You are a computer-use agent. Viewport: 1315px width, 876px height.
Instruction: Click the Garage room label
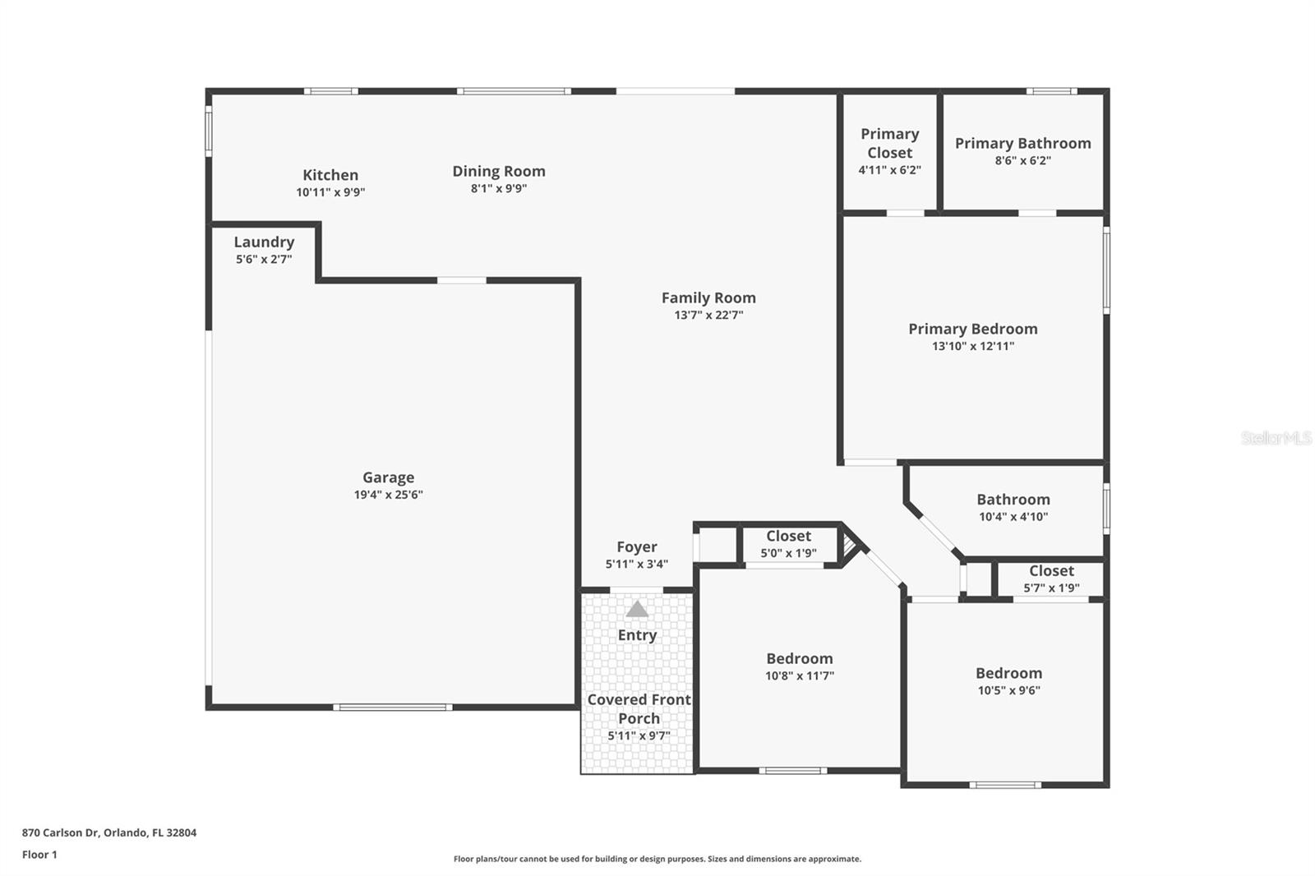click(x=388, y=477)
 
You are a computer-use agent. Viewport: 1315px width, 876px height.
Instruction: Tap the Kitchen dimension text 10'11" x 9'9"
click(x=330, y=192)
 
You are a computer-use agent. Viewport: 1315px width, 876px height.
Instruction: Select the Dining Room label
click(x=498, y=171)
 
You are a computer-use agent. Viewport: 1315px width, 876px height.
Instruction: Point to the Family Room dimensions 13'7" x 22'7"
click(x=708, y=315)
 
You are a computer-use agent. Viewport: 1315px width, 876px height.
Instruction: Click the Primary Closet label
click(x=889, y=143)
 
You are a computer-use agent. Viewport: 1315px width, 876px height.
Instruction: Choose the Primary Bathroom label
click(x=1022, y=143)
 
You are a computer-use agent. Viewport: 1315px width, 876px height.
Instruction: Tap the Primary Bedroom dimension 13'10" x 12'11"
click(x=972, y=346)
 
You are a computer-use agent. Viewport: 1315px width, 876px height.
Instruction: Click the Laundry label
click(x=264, y=242)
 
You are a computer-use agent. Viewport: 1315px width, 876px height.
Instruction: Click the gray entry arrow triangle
click(x=637, y=609)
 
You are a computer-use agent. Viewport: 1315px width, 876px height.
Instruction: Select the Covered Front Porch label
click(x=639, y=708)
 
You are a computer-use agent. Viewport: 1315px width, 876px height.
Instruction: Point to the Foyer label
click(x=637, y=546)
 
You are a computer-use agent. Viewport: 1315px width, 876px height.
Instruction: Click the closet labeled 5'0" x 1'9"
click(x=788, y=536)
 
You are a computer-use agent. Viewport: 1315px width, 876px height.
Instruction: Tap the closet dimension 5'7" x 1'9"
click(x=1051, y=588)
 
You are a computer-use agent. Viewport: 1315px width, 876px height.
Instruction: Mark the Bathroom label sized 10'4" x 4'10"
click(x=1013, y=500)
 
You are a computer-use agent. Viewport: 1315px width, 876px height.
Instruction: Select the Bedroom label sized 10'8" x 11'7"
click(x=799, y=658)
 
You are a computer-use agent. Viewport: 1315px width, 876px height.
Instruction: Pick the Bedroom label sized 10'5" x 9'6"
click(x=1008, y=673)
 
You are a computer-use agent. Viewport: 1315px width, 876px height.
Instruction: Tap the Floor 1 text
click(x=39, y=855)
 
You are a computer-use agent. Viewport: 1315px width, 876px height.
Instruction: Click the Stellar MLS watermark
click(x=1276, y=438)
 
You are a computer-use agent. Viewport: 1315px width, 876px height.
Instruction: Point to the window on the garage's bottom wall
click(x=392, y=707)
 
